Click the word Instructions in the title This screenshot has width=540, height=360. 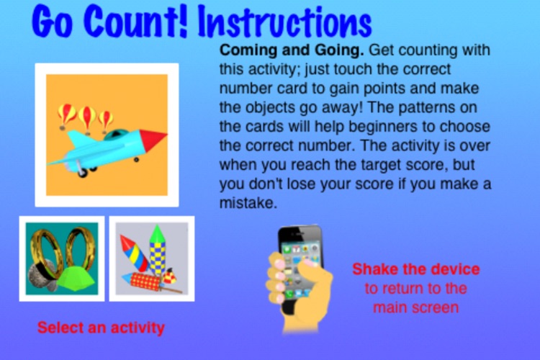[286, 23]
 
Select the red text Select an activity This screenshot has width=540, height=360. [101, 328]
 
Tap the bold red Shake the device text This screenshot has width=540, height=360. [415, 270]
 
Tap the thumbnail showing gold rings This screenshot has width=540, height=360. [62, 258]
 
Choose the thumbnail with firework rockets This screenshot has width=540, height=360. [152, 258]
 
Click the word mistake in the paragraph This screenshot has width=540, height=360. [246, 204]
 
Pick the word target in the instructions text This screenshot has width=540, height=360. [392, 165]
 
